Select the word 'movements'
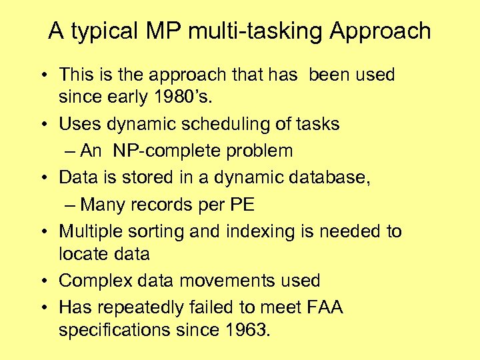click(228, 281)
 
